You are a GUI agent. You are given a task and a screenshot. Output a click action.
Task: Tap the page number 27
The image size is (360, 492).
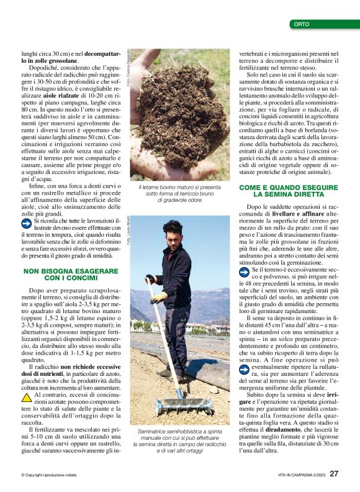(x=334, y=473)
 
